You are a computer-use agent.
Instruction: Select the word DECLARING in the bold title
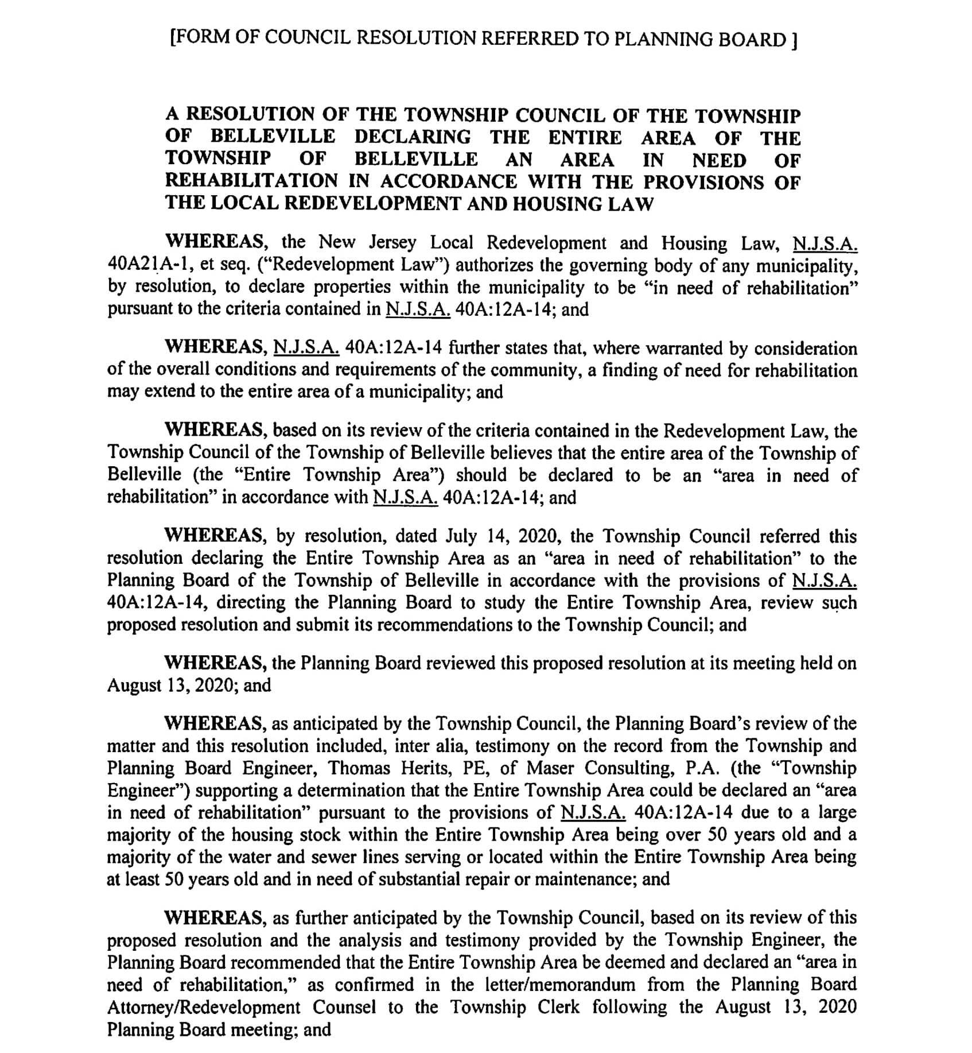click(413, 137)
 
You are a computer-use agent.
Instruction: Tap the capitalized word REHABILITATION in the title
click(252, 181)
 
